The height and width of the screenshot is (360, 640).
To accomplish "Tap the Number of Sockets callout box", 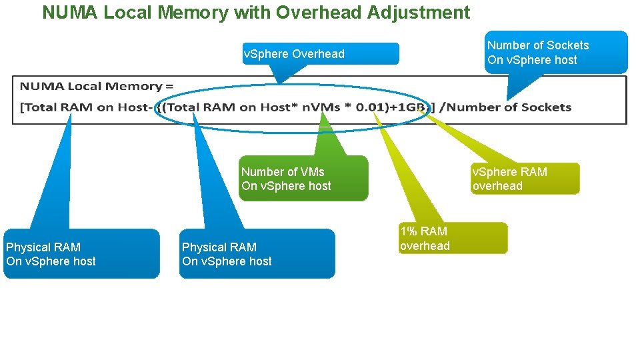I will (x=556, y=52).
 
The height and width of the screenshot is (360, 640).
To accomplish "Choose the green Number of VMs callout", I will (x=303, y=179).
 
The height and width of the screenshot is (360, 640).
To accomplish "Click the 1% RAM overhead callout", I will (x=453, y=238).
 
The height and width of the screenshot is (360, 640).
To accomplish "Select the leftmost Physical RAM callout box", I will (x=81, y=254).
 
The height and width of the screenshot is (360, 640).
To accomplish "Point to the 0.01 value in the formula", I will (x=363, y=107).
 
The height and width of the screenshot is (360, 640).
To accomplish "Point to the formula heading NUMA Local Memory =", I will (x=96, y=87).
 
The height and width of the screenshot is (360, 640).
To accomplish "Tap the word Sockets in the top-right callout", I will (x=567, y=45).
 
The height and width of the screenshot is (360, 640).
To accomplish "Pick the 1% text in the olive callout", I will (x=408, y=231).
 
